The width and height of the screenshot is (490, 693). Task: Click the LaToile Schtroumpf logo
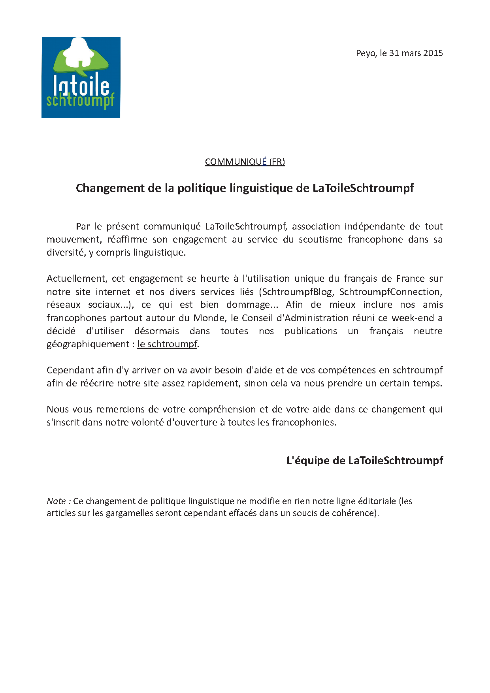coord(81,77)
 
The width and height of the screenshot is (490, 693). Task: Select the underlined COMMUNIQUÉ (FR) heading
coord(245,162)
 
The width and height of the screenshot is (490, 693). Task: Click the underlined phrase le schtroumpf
coord(167,344)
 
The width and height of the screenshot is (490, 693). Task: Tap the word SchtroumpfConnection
coord(390,292)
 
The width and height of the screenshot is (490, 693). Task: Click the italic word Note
coord(57,501)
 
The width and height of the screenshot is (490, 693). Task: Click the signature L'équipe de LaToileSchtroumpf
coord(364,461)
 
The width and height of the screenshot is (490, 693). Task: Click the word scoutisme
coord(320,239)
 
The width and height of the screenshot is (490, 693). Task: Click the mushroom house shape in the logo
coord(79,52)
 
